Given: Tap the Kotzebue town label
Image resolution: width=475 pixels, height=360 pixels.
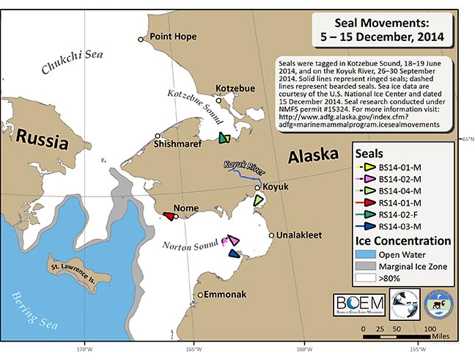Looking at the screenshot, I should click(x=235, y=88).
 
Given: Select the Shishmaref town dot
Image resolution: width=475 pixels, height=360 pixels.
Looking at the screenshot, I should click(x=158, y=136).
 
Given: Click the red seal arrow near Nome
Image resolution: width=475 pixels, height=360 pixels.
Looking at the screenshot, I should click(x=169, y=216).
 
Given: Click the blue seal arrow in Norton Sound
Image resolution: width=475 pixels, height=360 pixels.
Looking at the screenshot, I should click(x=235, y=254).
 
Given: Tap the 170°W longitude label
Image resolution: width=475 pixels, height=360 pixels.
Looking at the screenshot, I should click(x=84, y=350).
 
